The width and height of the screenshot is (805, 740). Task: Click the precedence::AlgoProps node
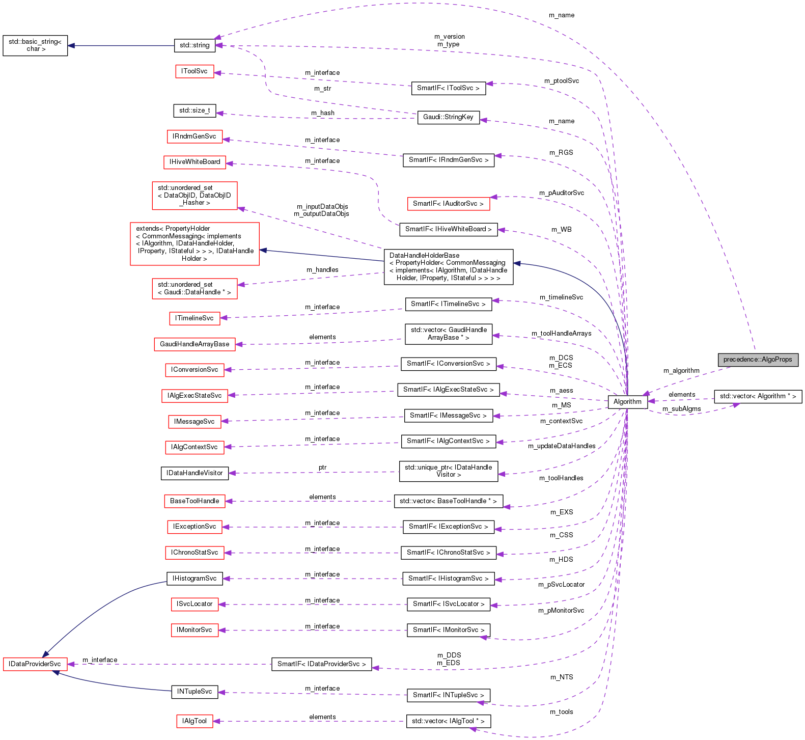758,360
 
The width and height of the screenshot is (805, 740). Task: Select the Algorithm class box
627,402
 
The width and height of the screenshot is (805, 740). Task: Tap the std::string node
195,45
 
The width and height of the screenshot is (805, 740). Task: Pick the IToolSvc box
195,71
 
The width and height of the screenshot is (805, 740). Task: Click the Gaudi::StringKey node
448,117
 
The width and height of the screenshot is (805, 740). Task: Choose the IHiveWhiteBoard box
195,162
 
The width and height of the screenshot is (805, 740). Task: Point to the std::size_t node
195,111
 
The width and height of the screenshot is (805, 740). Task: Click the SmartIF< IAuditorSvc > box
448,204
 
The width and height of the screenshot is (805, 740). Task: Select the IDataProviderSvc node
35,664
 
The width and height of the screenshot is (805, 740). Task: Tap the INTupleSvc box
195,692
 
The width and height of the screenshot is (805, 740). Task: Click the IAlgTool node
195,721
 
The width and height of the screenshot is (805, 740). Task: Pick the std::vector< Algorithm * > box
758,396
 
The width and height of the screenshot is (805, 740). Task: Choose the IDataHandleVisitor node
195,473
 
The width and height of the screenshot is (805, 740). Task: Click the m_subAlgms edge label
681,409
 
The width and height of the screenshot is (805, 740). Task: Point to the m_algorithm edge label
681,371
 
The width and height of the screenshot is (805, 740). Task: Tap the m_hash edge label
323,113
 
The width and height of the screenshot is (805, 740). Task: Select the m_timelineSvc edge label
561,297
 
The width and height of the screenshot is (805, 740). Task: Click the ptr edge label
323,468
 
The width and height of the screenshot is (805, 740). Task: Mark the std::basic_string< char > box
35,45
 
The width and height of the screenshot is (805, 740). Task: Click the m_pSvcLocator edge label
561,585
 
